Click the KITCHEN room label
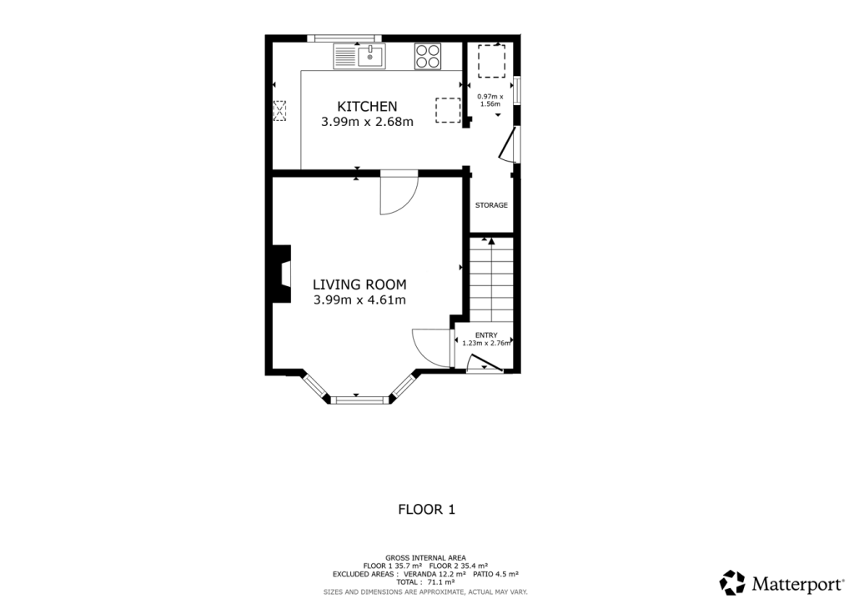pos(367,107)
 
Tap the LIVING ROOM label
pos(359,284)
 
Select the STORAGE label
pos(491,205)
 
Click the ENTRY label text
pos(486,335)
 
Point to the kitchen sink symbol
pos(359,57)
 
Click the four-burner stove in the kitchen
pos(428,57)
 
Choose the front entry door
pos(485,363)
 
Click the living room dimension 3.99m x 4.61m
pos(359,300)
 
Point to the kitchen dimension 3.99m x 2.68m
pos(367,122)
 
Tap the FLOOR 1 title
pos(426,509)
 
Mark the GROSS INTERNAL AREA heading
pos(425,557)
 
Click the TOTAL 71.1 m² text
pos(425,582)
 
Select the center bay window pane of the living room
pos(359,400)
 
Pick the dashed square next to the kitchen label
pos(448,110)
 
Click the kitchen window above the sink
pos(344,38)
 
